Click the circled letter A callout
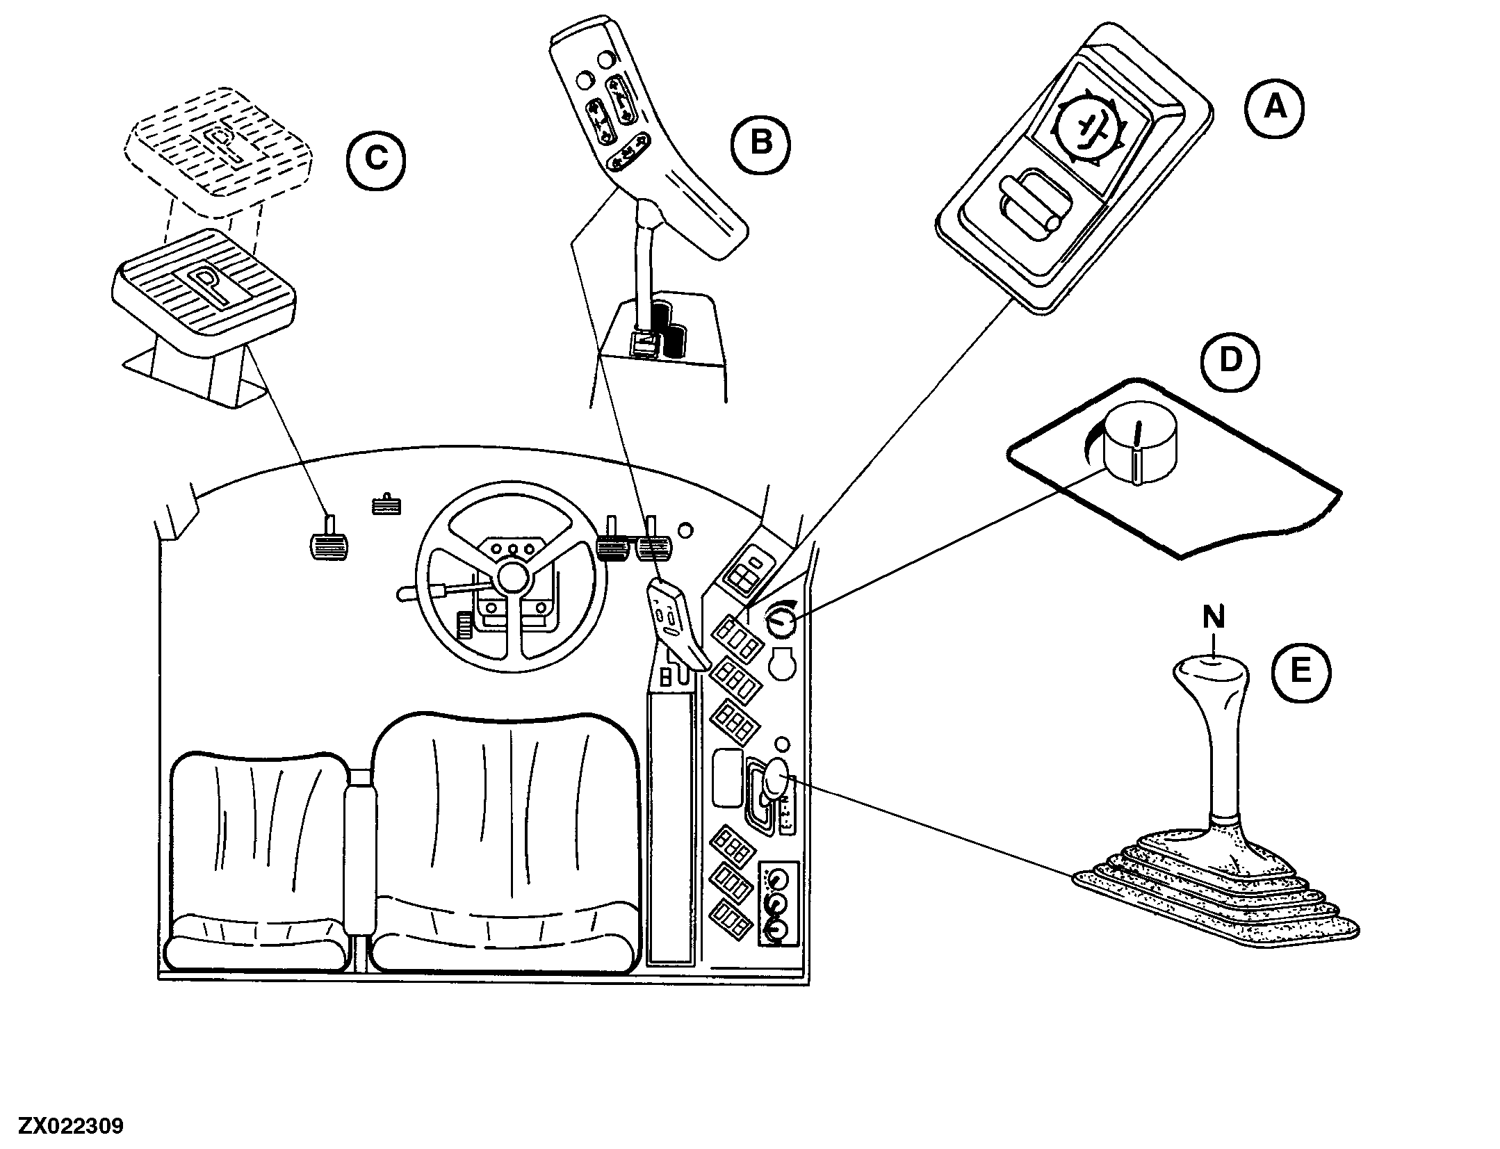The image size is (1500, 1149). coord(1274,108)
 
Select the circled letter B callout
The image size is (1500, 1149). coord(761,143)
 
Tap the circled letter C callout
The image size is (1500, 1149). coord(376,160)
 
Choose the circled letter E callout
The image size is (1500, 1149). coord(1300,671)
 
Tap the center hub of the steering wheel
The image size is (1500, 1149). coord(511,578)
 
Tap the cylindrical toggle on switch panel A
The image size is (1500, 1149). coord(1029,215)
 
